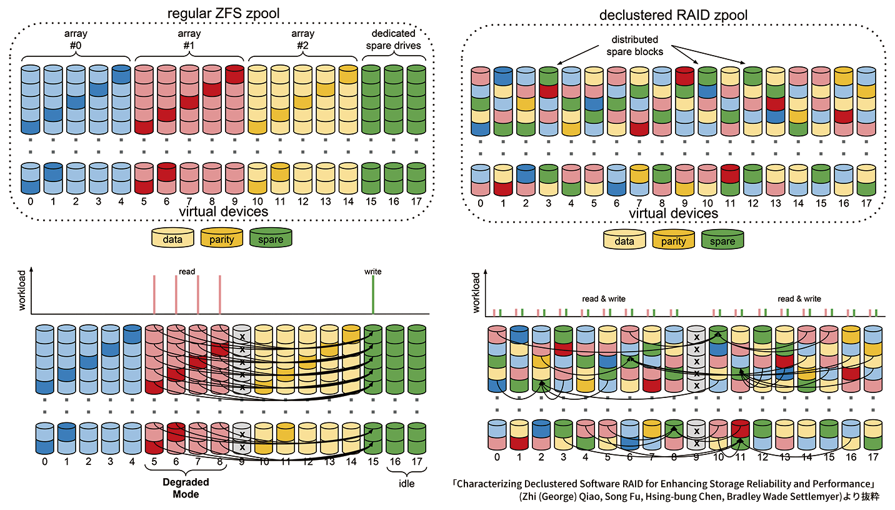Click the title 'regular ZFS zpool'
[224, 14]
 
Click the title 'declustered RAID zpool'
[673, 14]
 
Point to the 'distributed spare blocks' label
[634, 46]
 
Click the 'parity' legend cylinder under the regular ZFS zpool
[223, 239]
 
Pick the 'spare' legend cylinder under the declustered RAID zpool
[722, 241]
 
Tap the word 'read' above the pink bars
[187, 272]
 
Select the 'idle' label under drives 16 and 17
[407, 483]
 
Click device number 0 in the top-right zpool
[480, 203]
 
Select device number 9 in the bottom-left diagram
[242, 461]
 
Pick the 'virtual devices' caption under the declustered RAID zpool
[673, 213]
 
